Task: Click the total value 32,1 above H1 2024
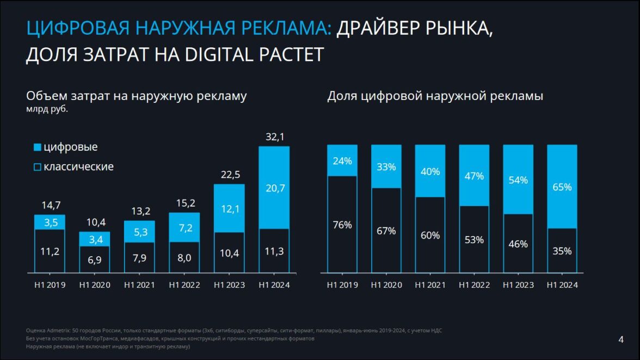coord(274,137)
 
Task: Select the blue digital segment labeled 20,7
coord(274,188)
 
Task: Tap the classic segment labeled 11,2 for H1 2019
coord(50,251)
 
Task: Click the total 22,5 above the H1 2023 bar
coord(229,175)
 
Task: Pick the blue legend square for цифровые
coord(37,147)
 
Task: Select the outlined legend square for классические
coord(37,167)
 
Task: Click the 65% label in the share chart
coord(562,187)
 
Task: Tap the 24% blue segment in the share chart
coord(342,160)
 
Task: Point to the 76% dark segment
coord(342,225)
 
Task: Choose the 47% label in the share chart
coord(474,176)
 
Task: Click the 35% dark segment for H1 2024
coord(562,251)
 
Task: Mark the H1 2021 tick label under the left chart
coord(139,285)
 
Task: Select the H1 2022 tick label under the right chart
coord(474,285)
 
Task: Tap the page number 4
coord(621,340)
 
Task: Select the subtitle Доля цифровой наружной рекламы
coord(435,96)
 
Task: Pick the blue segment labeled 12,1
coord(229,209)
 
